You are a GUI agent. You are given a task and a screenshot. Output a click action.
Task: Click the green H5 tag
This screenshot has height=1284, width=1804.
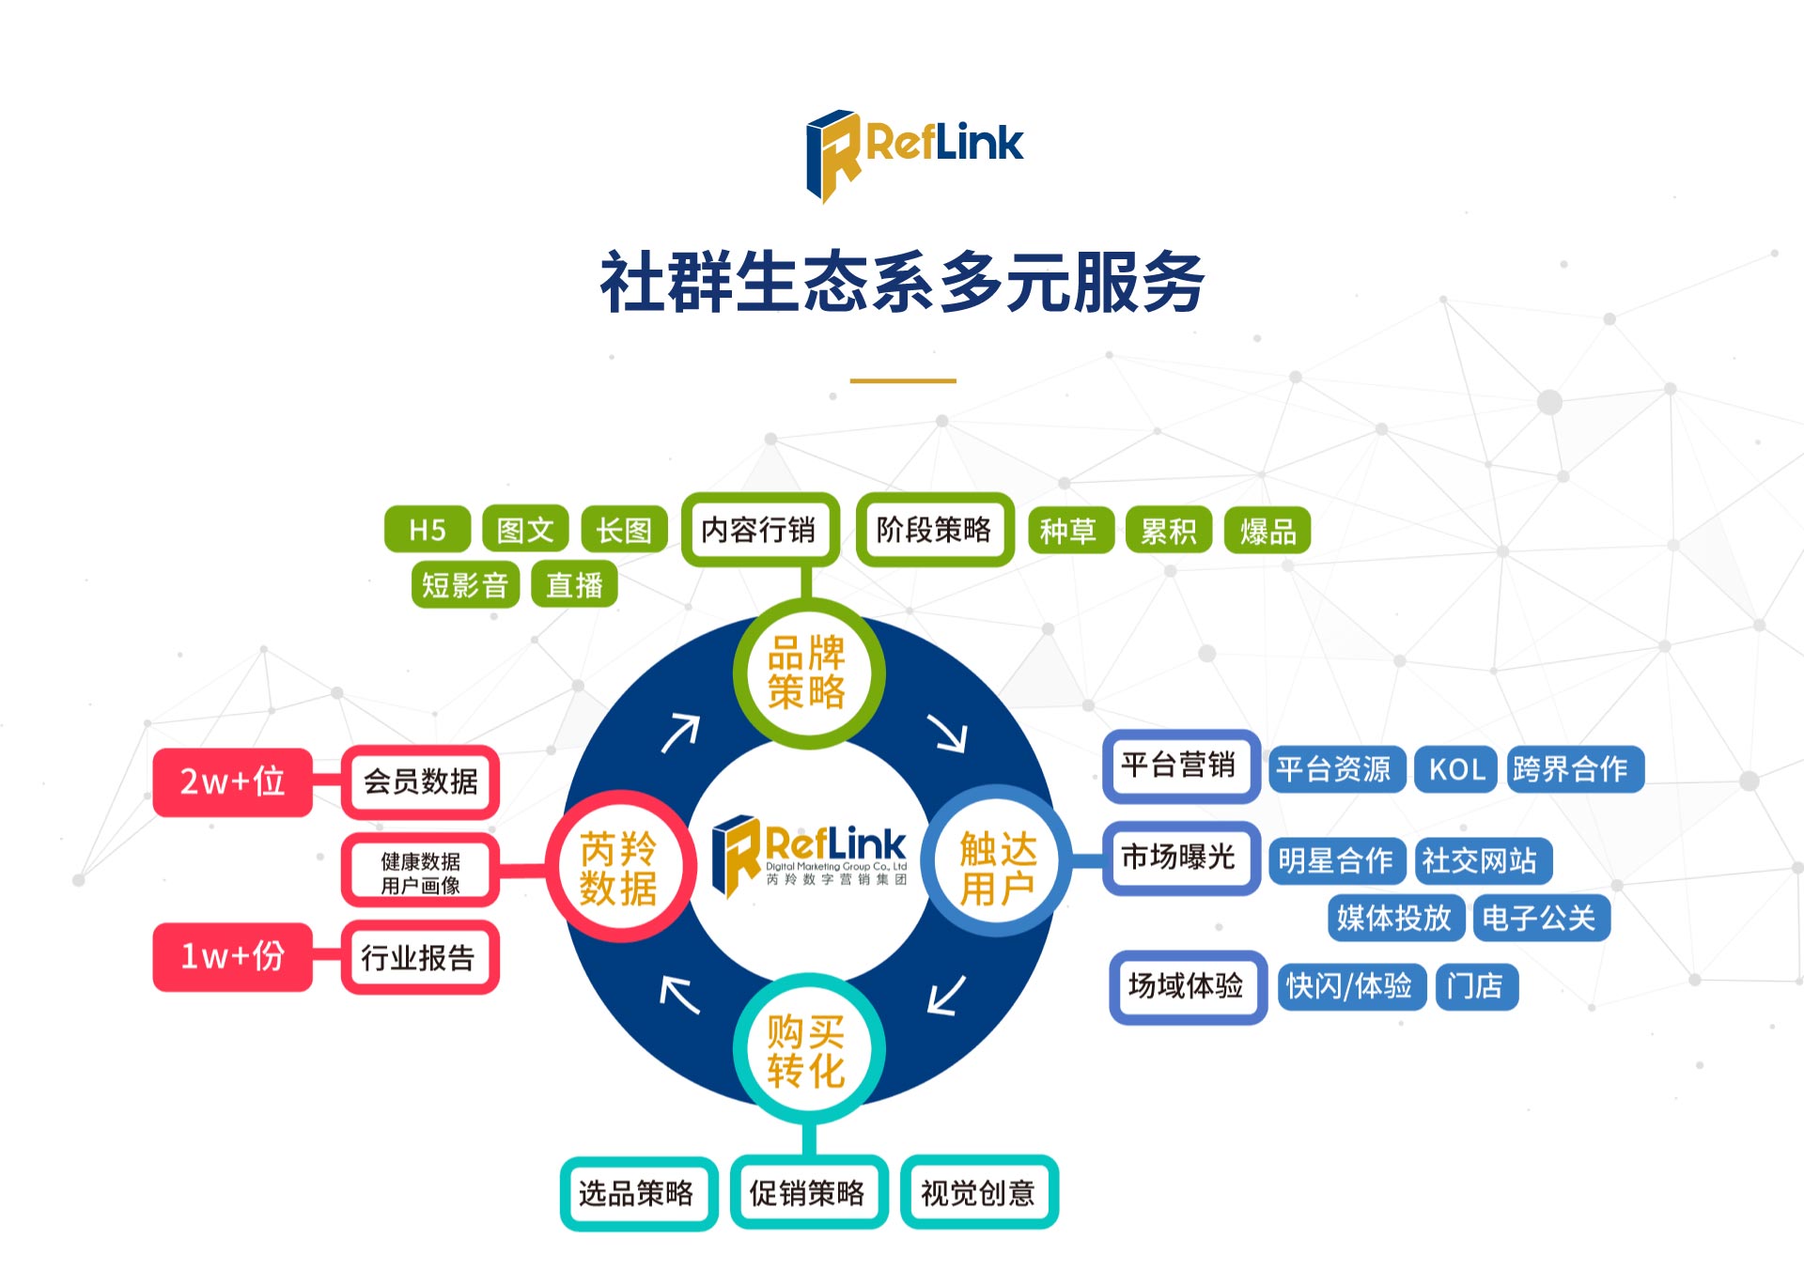(428, 530)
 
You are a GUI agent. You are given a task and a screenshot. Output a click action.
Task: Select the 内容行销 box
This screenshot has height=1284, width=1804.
(759, 530)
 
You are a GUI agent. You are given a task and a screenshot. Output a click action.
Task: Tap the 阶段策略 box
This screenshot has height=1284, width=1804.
(934, 530)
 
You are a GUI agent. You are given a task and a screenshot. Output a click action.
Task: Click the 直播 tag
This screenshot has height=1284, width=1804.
(574, 585)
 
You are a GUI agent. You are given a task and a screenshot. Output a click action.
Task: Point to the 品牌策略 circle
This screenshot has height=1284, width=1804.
(807, 673)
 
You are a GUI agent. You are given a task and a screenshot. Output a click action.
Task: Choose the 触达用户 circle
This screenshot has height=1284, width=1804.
(997, 859)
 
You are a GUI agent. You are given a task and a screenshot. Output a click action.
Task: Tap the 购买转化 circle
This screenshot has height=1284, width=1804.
(807, 1048)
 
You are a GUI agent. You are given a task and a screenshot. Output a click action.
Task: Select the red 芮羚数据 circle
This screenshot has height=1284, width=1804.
(620, 867)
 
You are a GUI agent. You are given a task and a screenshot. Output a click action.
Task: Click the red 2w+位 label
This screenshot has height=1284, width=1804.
(232, 781)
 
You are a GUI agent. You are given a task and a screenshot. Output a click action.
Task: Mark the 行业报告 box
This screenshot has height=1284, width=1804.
(420, 958)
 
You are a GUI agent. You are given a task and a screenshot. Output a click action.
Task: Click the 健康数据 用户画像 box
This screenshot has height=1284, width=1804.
(420, 873)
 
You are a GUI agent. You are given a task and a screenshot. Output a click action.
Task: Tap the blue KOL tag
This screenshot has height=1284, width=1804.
(1456, 769)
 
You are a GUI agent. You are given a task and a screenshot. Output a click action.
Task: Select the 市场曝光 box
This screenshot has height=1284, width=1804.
(1181, 858)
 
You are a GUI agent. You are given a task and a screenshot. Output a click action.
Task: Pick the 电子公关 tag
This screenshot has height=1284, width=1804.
(1540, 918)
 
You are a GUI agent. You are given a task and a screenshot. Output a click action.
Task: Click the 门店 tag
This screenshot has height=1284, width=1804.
(1476, 986)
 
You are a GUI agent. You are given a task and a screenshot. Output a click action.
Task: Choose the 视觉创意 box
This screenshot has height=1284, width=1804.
(979, 1193)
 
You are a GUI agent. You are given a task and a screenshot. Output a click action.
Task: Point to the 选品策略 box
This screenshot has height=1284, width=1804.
(638, 1193)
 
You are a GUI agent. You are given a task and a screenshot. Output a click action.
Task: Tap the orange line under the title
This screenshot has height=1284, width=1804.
(903, 380)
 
